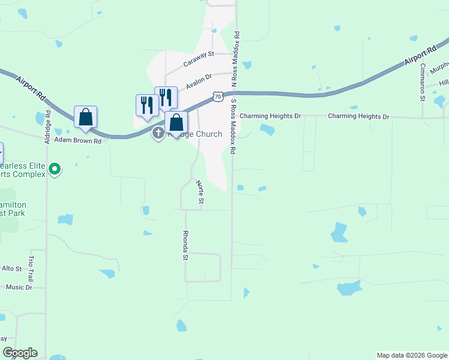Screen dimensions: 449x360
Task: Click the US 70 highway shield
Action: coord(219,96)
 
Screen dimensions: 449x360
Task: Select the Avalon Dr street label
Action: coord(199,81)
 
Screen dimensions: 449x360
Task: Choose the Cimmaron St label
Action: coord(423,82)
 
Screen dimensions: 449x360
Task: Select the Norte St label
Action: coord(201,193)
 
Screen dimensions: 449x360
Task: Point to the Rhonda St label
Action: coord(185,245)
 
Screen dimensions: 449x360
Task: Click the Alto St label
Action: coord(11,268)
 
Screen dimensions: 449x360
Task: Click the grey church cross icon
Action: coord(158,133)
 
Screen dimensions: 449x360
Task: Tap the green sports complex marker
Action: coord(55,169)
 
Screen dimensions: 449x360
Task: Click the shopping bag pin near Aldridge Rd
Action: coord(85,118)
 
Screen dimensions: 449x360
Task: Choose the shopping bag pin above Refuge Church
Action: coord(176,123)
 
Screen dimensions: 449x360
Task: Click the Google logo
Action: coord(20,353)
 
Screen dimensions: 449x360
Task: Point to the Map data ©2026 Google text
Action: coord(411,355)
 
